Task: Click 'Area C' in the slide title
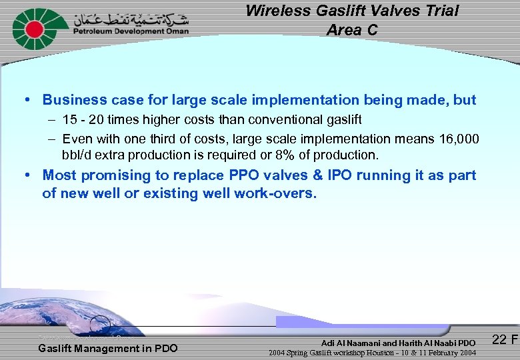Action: point(352,30)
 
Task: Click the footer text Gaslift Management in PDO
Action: point(107,348)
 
